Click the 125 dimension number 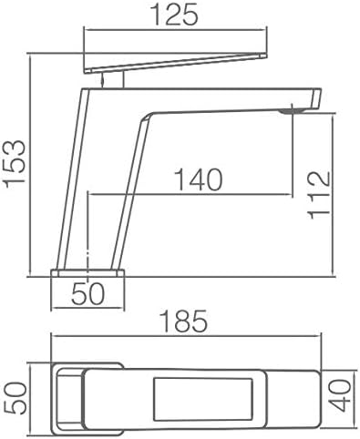pos(174,15)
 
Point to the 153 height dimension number pos(15,164)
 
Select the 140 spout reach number pos(199,179)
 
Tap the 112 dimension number pos(319,195)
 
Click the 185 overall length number pos(184,321)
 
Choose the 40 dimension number pos(340,395)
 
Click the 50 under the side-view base pos(88,293)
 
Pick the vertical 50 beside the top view pos(15,398)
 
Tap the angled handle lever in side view pos(176,63)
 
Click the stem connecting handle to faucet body pos(113,79)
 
